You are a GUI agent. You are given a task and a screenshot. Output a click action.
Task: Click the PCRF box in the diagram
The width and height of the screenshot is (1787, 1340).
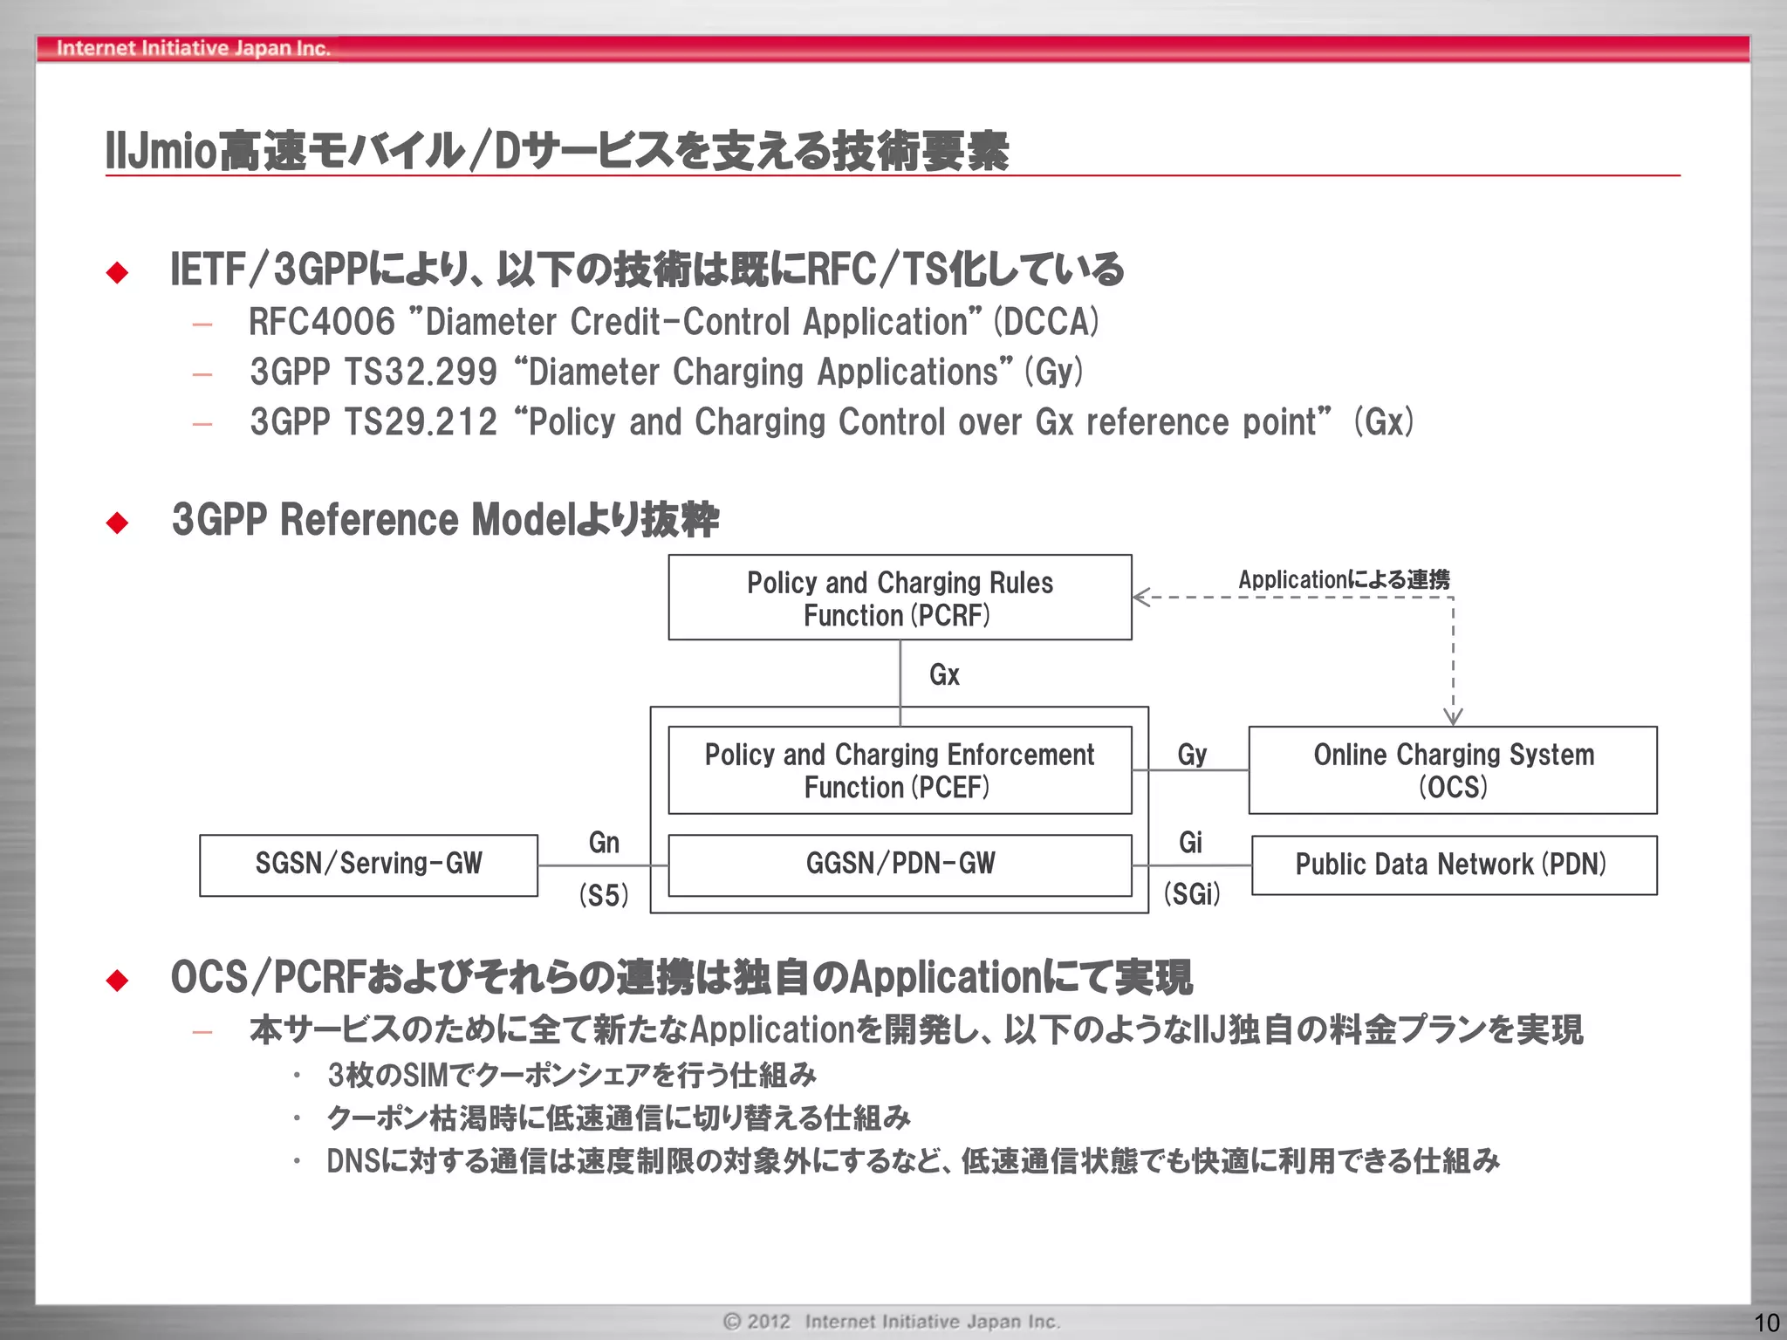tap(900, 598)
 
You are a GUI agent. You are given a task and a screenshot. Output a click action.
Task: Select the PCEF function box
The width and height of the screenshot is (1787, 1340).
tap(900, 770)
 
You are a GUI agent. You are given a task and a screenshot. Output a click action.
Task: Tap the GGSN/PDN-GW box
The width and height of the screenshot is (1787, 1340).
tap(900, 864)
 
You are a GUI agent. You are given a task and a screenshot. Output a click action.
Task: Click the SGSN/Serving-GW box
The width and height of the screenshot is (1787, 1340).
tap(368, 864)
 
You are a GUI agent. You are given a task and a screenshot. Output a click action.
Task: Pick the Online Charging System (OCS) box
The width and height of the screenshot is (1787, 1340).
tap(1453, 770)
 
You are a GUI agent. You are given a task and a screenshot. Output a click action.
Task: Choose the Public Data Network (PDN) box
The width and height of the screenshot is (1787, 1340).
tap(1453, 865)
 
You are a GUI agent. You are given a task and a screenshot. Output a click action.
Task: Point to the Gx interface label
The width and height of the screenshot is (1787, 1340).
tap(944, 674)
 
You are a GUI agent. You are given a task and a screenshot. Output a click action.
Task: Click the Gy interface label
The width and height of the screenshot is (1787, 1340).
tap(1192, 755)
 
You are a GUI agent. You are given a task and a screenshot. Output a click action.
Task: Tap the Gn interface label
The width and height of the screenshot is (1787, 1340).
tap(604, 843)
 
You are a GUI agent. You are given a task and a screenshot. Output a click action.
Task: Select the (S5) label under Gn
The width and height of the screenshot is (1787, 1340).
tap(604, 896)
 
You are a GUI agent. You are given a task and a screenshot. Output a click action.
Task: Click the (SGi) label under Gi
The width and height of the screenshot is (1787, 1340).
tap(1192, 894)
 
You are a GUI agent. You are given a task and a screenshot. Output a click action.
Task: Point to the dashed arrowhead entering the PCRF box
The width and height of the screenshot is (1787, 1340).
tap(1140, 598)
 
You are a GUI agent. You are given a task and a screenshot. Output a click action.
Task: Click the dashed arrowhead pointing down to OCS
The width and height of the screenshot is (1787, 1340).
tap(1453, 717)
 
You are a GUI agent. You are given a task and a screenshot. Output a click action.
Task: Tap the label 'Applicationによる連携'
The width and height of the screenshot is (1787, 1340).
tap(1344, 579)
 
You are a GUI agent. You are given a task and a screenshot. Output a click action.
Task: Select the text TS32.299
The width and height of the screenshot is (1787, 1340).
tap(421, 373)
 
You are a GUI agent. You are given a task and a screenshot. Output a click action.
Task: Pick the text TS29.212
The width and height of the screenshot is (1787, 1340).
tap(421, 422)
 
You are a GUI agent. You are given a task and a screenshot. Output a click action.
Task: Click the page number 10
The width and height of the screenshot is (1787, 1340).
tap(1767, 1323)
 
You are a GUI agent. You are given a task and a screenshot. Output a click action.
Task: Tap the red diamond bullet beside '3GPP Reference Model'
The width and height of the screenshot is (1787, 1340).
tap(117, 522)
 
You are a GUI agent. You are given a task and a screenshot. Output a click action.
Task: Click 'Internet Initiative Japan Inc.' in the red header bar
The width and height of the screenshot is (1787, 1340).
tap(193, 48)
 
